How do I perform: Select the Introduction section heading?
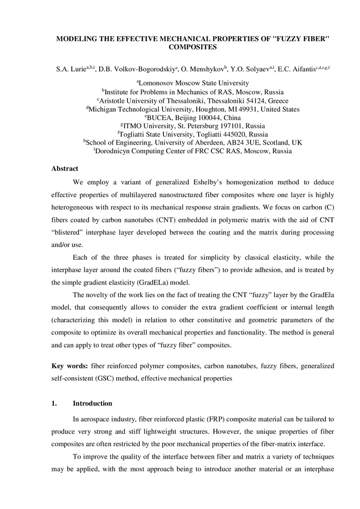coord(92,404)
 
